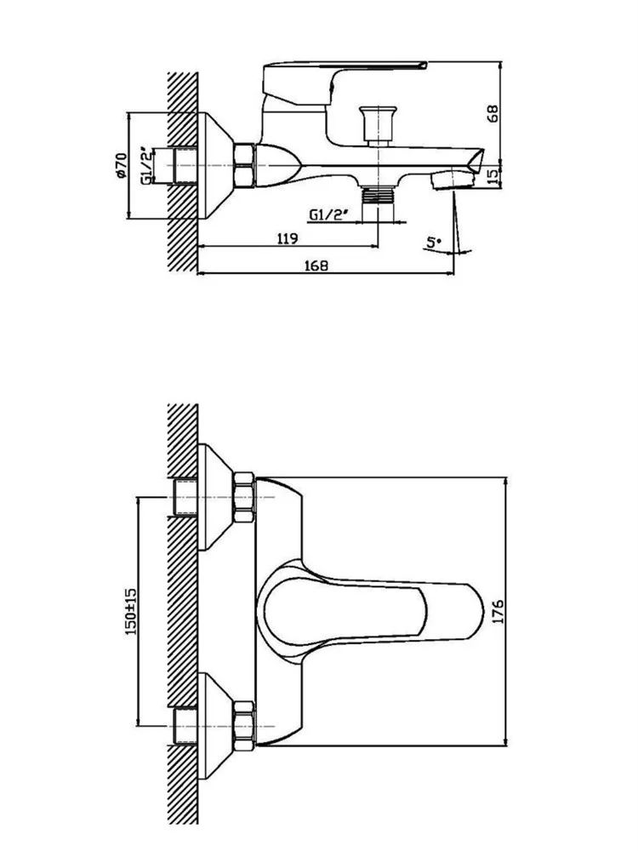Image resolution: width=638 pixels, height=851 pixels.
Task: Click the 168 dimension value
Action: (316, 265)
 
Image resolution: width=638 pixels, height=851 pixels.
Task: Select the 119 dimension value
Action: (287, 238)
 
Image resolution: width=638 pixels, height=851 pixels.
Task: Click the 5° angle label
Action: (434, 243)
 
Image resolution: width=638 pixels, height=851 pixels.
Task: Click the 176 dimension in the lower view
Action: (497, 611)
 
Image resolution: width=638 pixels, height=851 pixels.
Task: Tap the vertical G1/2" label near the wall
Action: (147, 166)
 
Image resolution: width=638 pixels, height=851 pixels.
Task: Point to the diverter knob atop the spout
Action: (372, 123)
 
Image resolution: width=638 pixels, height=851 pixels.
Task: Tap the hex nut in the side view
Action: (244, 164)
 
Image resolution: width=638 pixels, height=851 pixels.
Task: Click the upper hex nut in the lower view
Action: (244, 494)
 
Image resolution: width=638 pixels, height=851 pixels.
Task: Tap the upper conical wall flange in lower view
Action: (216, 494)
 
